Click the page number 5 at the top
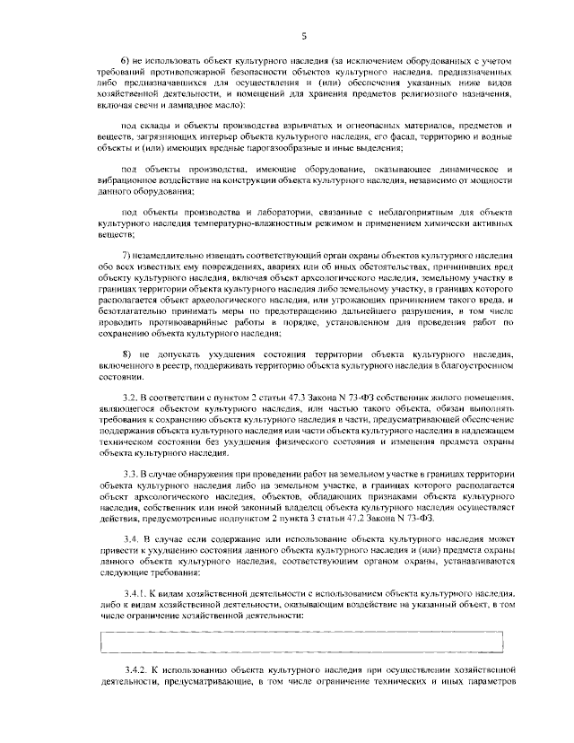304,35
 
